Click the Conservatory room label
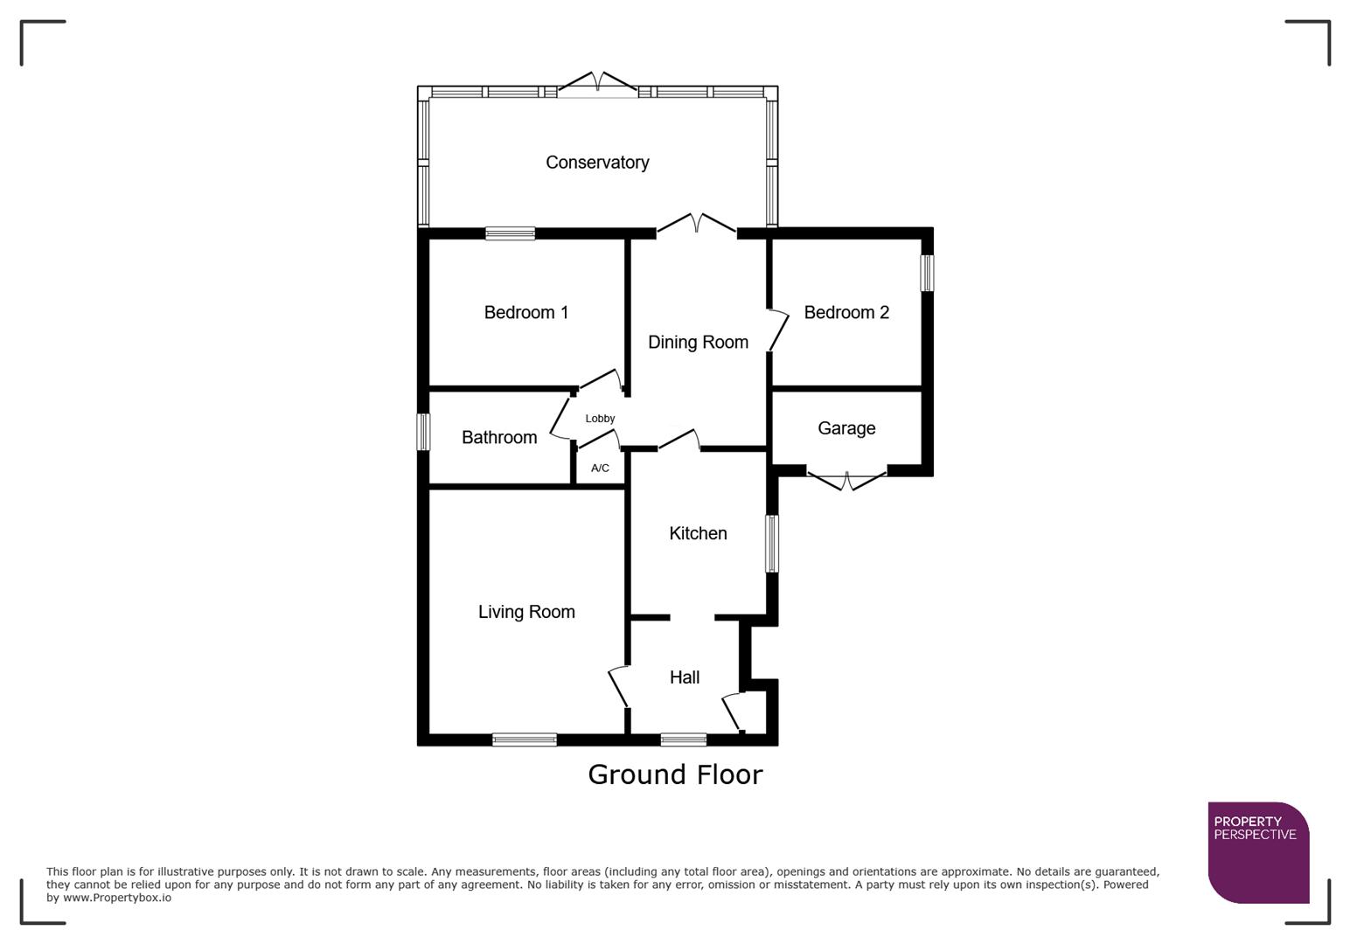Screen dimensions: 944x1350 597,163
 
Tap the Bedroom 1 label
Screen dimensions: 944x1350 526,313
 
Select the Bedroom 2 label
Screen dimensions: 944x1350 845,313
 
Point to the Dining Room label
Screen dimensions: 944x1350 698,343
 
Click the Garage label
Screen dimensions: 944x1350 845,428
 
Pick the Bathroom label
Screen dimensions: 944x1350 499,438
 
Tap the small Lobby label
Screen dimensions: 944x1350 600,419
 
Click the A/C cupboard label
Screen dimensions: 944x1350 600,469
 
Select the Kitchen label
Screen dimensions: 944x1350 698,534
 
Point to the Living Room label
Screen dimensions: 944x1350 526,613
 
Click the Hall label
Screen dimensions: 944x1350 685,677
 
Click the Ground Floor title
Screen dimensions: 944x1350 675,774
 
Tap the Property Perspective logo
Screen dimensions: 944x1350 1257,851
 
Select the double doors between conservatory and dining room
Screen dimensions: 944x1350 696,226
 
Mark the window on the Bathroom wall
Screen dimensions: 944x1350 423,432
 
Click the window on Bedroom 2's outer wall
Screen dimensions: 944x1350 927,273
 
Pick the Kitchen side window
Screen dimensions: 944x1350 772,544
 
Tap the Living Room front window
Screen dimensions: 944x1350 525,739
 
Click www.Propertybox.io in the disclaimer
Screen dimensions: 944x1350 117,898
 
